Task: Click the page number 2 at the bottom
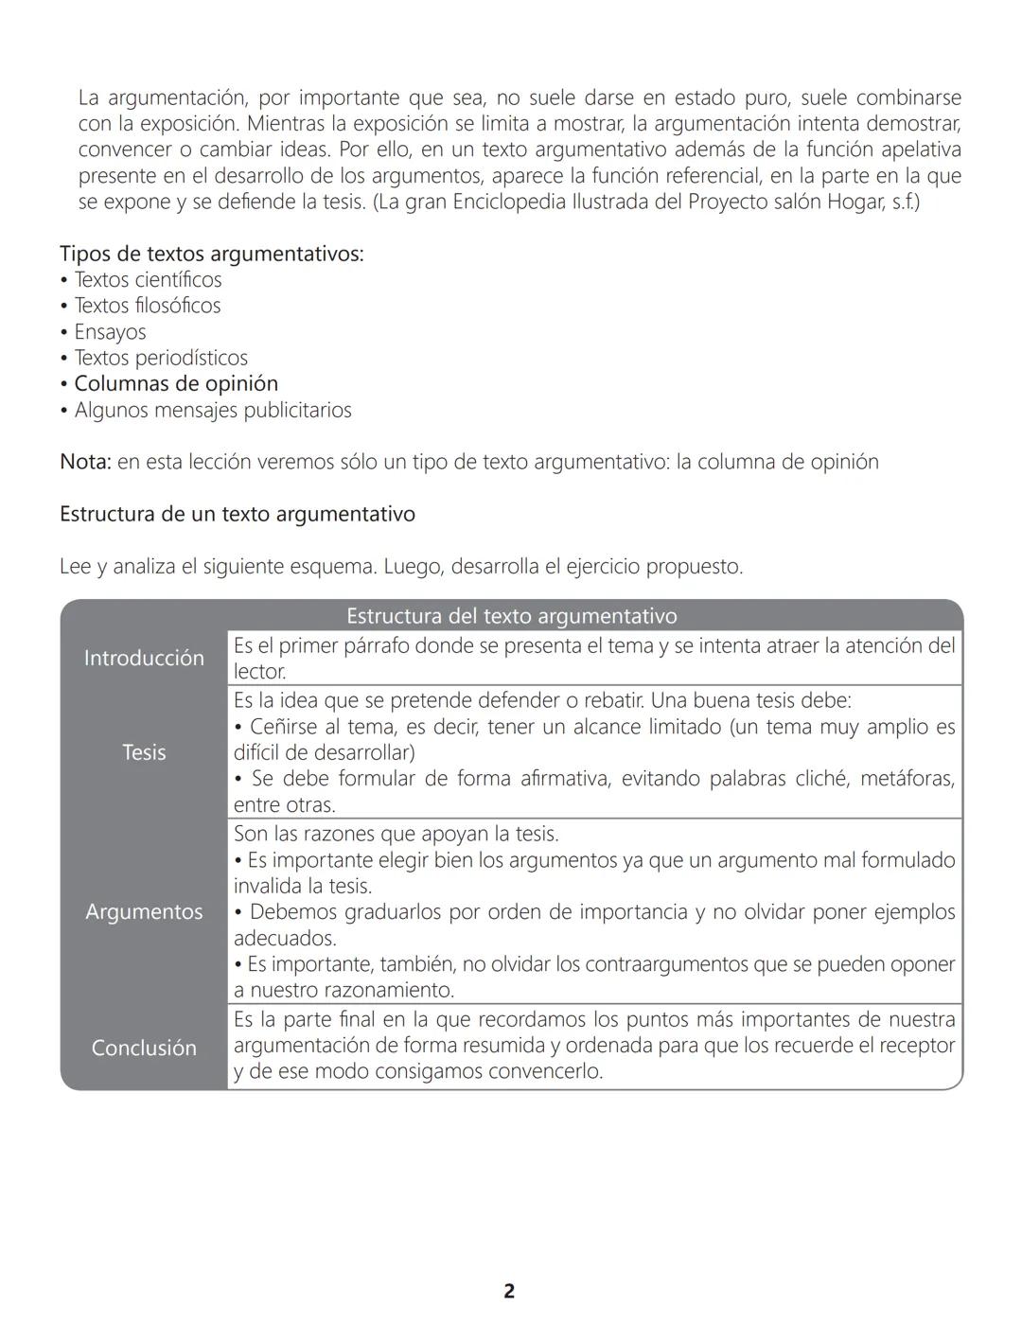(509, 1291)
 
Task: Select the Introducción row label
(144, 658)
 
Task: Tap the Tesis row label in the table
(144, 752)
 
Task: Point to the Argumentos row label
(144, 911)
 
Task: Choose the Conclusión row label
(144, 1048)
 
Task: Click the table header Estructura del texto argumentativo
(511, 616)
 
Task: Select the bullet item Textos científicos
(148, 279)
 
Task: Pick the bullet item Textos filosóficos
(147, 306)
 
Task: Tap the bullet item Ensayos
(110, 332)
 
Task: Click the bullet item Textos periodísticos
(161, 358)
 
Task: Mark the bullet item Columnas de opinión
(176, 383)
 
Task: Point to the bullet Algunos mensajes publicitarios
(213, 410)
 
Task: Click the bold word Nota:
(85, 462)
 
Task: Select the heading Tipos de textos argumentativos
(211, 254)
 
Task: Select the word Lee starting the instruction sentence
(75, 566)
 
